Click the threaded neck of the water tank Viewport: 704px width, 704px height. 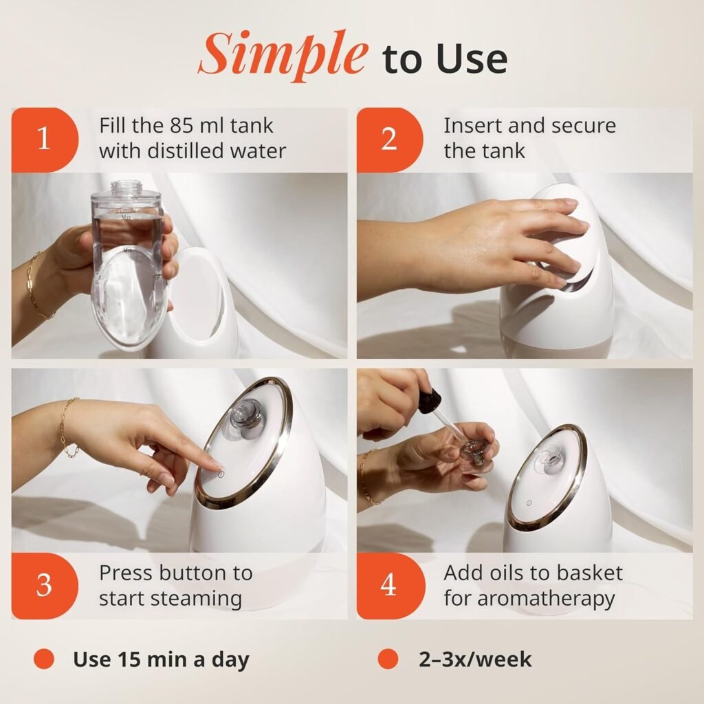tap(127, 187)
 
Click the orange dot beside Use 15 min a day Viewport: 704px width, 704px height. tap(44, 659)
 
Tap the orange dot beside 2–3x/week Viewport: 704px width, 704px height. tap(388, 659)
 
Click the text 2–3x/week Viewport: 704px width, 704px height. tap(475, 659)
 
